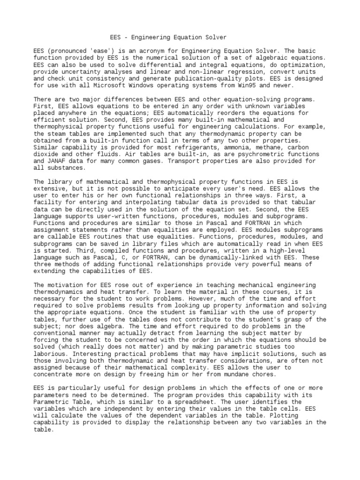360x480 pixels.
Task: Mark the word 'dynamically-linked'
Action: click(235, 257)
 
